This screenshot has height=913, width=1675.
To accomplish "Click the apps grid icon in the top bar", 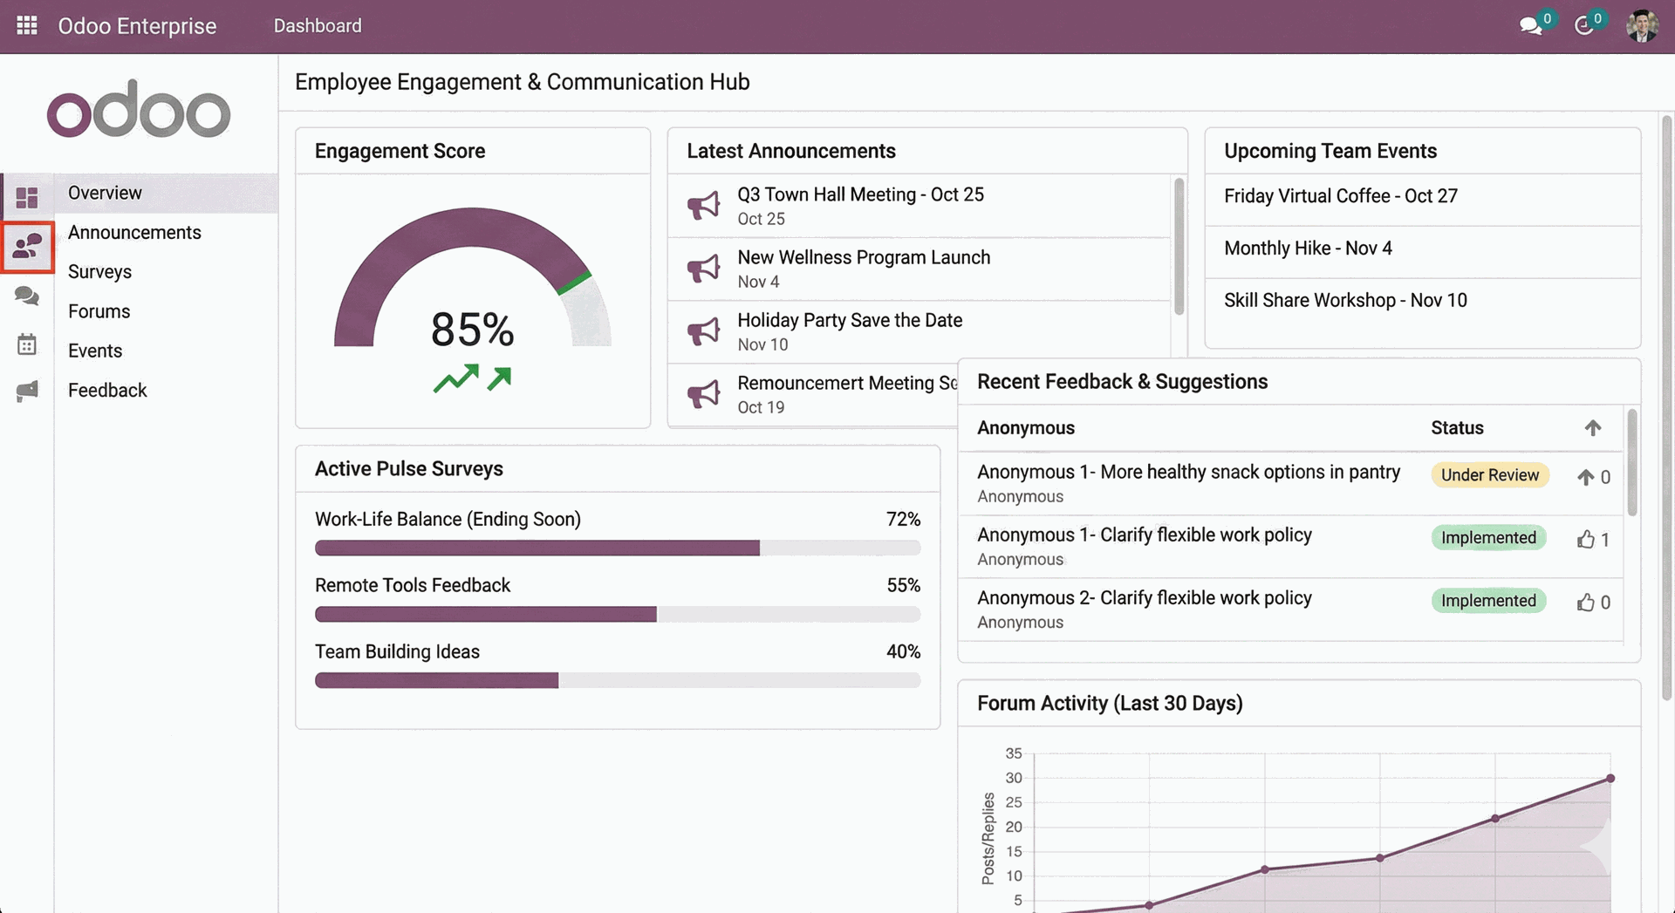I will [27, 25].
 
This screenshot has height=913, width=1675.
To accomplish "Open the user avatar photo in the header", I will [1642, 25].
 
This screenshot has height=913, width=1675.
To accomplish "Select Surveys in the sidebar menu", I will [99, 272].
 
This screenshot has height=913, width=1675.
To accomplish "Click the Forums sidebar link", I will [99, 311].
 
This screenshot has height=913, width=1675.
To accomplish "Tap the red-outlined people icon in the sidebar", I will [27, 247].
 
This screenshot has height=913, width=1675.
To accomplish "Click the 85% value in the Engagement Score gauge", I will [472, 330].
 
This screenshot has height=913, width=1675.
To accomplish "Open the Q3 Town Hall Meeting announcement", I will [859, 195].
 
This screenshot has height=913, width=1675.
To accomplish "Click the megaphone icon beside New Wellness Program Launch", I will [703, 269].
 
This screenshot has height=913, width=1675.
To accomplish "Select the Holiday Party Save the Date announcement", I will [849, 321].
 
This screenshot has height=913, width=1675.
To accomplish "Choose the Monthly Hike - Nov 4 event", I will [1307, 249].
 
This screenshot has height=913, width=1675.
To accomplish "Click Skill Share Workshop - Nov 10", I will [1344, 301].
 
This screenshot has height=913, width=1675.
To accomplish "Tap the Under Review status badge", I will [1489, 475].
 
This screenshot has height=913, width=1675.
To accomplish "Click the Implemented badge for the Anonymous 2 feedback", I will [1487, 601].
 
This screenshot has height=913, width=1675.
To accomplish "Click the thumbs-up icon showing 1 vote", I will [1585, 540].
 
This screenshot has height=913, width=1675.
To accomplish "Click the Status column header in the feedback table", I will [1456, 428].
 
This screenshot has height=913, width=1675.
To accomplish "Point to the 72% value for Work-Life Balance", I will [902, 520].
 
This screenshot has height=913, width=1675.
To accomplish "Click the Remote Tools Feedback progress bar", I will [617, 615].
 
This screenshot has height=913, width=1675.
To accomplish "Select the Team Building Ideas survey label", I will [397, 652].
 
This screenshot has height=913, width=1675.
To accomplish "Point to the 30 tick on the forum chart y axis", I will [1013, 778].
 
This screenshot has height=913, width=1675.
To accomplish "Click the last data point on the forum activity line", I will [1610, 779].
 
